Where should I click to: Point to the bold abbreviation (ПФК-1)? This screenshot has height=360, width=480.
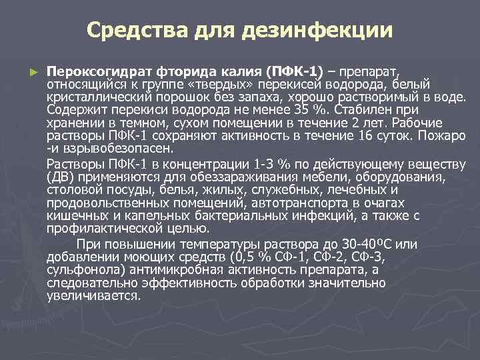tap(294, 71)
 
